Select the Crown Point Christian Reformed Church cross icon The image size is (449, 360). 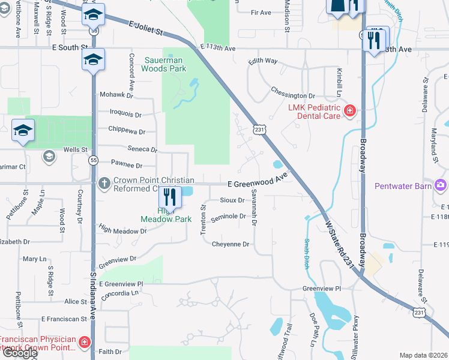tap(104, 183)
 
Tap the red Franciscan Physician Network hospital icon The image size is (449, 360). tap(85, 342)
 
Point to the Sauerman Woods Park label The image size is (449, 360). tap(164, 64)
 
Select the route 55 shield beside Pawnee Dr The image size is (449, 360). tap(93, 160)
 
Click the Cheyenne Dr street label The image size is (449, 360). tap(230, 244)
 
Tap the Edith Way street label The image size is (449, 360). tap(262, 61)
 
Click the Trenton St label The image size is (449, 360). tap(203, 213)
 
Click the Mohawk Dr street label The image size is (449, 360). tap(116, 95)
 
